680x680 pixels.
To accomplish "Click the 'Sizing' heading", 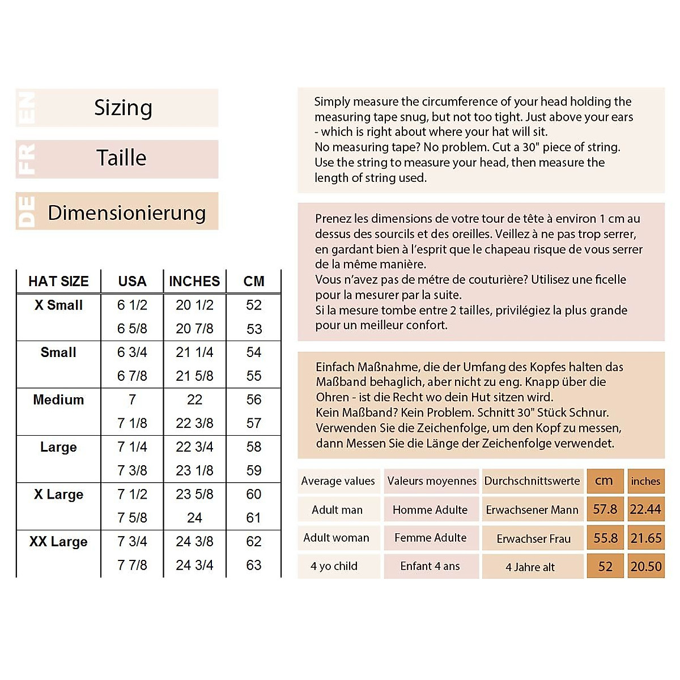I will (x=123, y=108).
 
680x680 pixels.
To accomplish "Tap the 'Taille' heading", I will (x=121, y=158).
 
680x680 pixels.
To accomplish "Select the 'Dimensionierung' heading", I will (x=126, y=212).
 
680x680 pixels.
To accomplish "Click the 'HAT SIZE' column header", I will (x=58, y=281).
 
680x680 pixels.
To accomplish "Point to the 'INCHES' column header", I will (x=194, y=281).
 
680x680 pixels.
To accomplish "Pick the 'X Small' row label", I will (x=58, y=305).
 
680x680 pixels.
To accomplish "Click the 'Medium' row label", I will (x=58, y=399).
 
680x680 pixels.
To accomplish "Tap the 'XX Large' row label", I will (x=58, y=541).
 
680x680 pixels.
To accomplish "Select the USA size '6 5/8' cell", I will (x=132, y=329).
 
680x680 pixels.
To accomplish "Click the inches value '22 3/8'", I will (x=194, y=423).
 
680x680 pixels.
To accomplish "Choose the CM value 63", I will (x=254, y=565).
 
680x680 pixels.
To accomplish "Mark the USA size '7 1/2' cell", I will (x=132, y=494).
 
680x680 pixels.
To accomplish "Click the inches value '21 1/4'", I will (x=194, y=352).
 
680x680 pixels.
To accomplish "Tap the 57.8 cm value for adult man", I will (x=605, y=509).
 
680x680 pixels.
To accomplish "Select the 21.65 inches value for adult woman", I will (x=646, y=538).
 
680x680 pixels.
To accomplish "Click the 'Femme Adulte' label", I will (x=431, y=538).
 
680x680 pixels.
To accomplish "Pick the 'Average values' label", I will (x=338, y=481).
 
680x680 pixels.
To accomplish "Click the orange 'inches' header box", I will (x=645, y=481).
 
